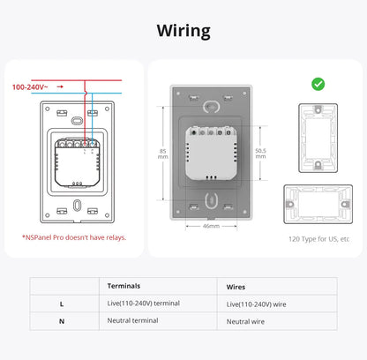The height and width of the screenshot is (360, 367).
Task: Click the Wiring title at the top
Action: click(183, 31)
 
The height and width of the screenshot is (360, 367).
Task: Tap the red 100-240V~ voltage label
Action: click(29, 87)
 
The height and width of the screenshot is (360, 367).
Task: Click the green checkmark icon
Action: click(318, 84)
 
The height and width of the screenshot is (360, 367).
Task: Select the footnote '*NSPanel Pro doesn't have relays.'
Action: click(74, 236)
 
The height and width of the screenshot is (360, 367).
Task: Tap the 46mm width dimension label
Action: click(210, 227)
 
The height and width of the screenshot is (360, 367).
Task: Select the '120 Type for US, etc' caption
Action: click(318, 239)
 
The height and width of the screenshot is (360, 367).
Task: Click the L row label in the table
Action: click(61, 304)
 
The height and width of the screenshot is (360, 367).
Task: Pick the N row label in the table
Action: click(61, 321)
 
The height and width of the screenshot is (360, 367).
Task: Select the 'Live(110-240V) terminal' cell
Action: click(143, 304)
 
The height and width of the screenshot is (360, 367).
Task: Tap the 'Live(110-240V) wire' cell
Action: click(256, 304)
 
